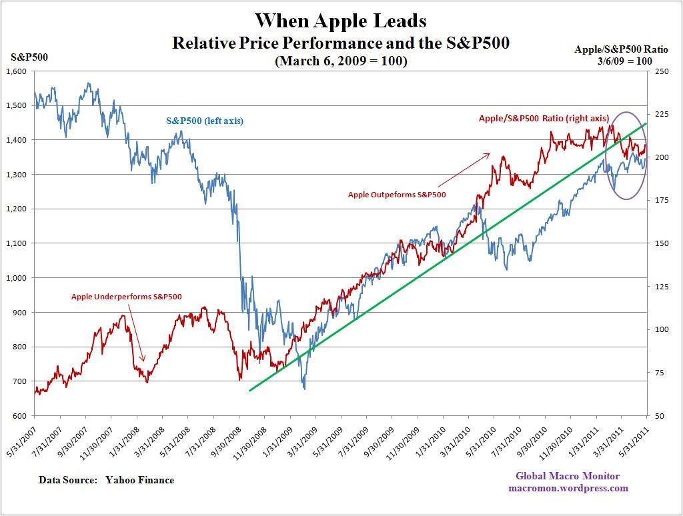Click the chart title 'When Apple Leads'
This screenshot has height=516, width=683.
click(341, 21)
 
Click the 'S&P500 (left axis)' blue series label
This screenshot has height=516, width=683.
click(205, 121)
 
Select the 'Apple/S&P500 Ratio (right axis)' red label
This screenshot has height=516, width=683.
click(544, 119)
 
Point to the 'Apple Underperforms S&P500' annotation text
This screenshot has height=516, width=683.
click(127, 297)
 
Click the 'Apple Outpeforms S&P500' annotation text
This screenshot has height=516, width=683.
click(397, 195)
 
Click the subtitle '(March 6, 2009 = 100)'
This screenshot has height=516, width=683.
click(341, 61)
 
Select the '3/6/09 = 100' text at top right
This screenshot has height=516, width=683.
click(625, 61)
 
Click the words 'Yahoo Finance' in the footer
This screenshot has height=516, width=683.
click(139, 480)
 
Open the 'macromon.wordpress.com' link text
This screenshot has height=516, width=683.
click(567, 488)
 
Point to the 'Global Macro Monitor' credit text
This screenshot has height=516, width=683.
click(567, 476)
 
